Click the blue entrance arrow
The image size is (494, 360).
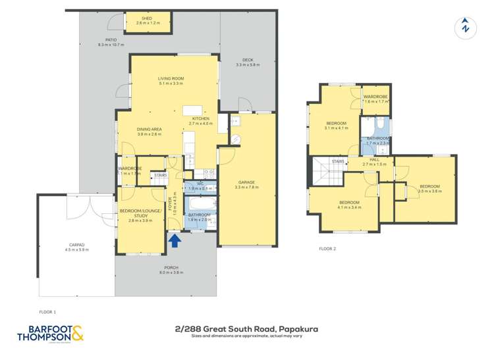pyautogui.click(x=175, y=241)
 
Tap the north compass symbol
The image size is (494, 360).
pyautogui.click(x=466, y=26)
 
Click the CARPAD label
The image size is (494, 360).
pyautogui.click(x=76, y=247)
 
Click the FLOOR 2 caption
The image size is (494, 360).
pyautogui.click(x=327, y=249)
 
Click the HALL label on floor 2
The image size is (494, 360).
pyautogui.click(x=373, y=159)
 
